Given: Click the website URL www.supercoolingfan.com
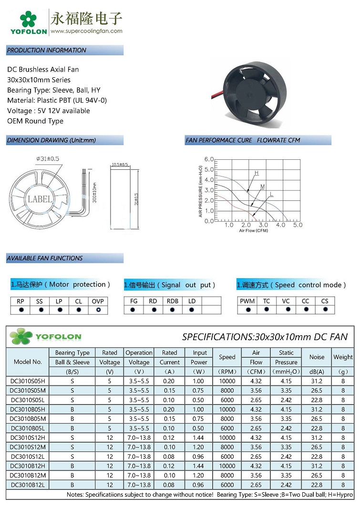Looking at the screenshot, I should coord(86,31).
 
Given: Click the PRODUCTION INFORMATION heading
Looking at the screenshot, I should coord(47,50).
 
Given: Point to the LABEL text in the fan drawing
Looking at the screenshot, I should coord(40,199).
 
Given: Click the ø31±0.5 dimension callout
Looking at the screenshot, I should coord(48,158).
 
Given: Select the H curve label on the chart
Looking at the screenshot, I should coord(257,172).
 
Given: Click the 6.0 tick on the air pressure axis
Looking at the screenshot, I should coord(209,159).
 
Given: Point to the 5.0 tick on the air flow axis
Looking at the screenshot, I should coord(298,225).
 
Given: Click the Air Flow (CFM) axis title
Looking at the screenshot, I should coord(253,230).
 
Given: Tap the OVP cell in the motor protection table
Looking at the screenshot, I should coord(98,301).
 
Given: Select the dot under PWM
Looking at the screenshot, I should coord(247,310).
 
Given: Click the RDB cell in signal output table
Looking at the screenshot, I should coord(172,301).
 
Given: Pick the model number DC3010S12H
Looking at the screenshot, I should coord(28,437).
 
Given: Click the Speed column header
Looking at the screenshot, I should coord(227,357).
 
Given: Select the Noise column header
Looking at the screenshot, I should coord(317,357).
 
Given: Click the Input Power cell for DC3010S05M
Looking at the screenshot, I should coord(199,390).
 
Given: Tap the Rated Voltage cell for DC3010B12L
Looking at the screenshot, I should coord(110,485).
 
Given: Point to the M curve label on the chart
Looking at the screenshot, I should coord(263,186).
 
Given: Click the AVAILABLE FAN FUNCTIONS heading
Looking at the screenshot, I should coord(45,258).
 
